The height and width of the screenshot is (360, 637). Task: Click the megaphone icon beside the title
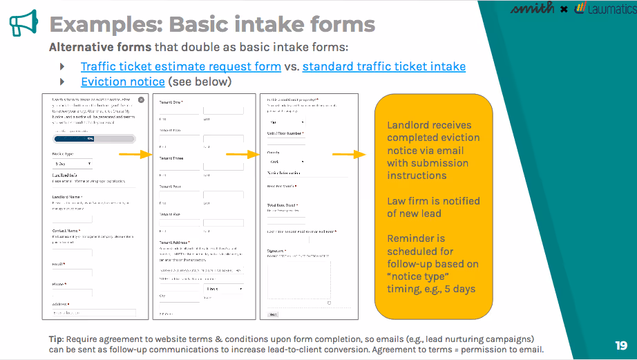[23, 23]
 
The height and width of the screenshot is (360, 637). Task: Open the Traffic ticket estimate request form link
[180, 67]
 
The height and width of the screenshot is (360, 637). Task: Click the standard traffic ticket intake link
[383, 67]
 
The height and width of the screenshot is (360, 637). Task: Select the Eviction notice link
[122, 82]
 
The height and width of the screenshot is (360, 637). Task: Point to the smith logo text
[531, 9]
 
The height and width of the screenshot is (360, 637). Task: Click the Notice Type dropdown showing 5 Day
[72, 164]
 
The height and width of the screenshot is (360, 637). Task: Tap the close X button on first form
[141, 100]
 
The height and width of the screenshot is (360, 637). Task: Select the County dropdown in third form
[285, 162]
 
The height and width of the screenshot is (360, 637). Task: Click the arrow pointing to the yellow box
[348, 154]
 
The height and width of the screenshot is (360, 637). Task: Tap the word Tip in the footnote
[56, 339]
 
